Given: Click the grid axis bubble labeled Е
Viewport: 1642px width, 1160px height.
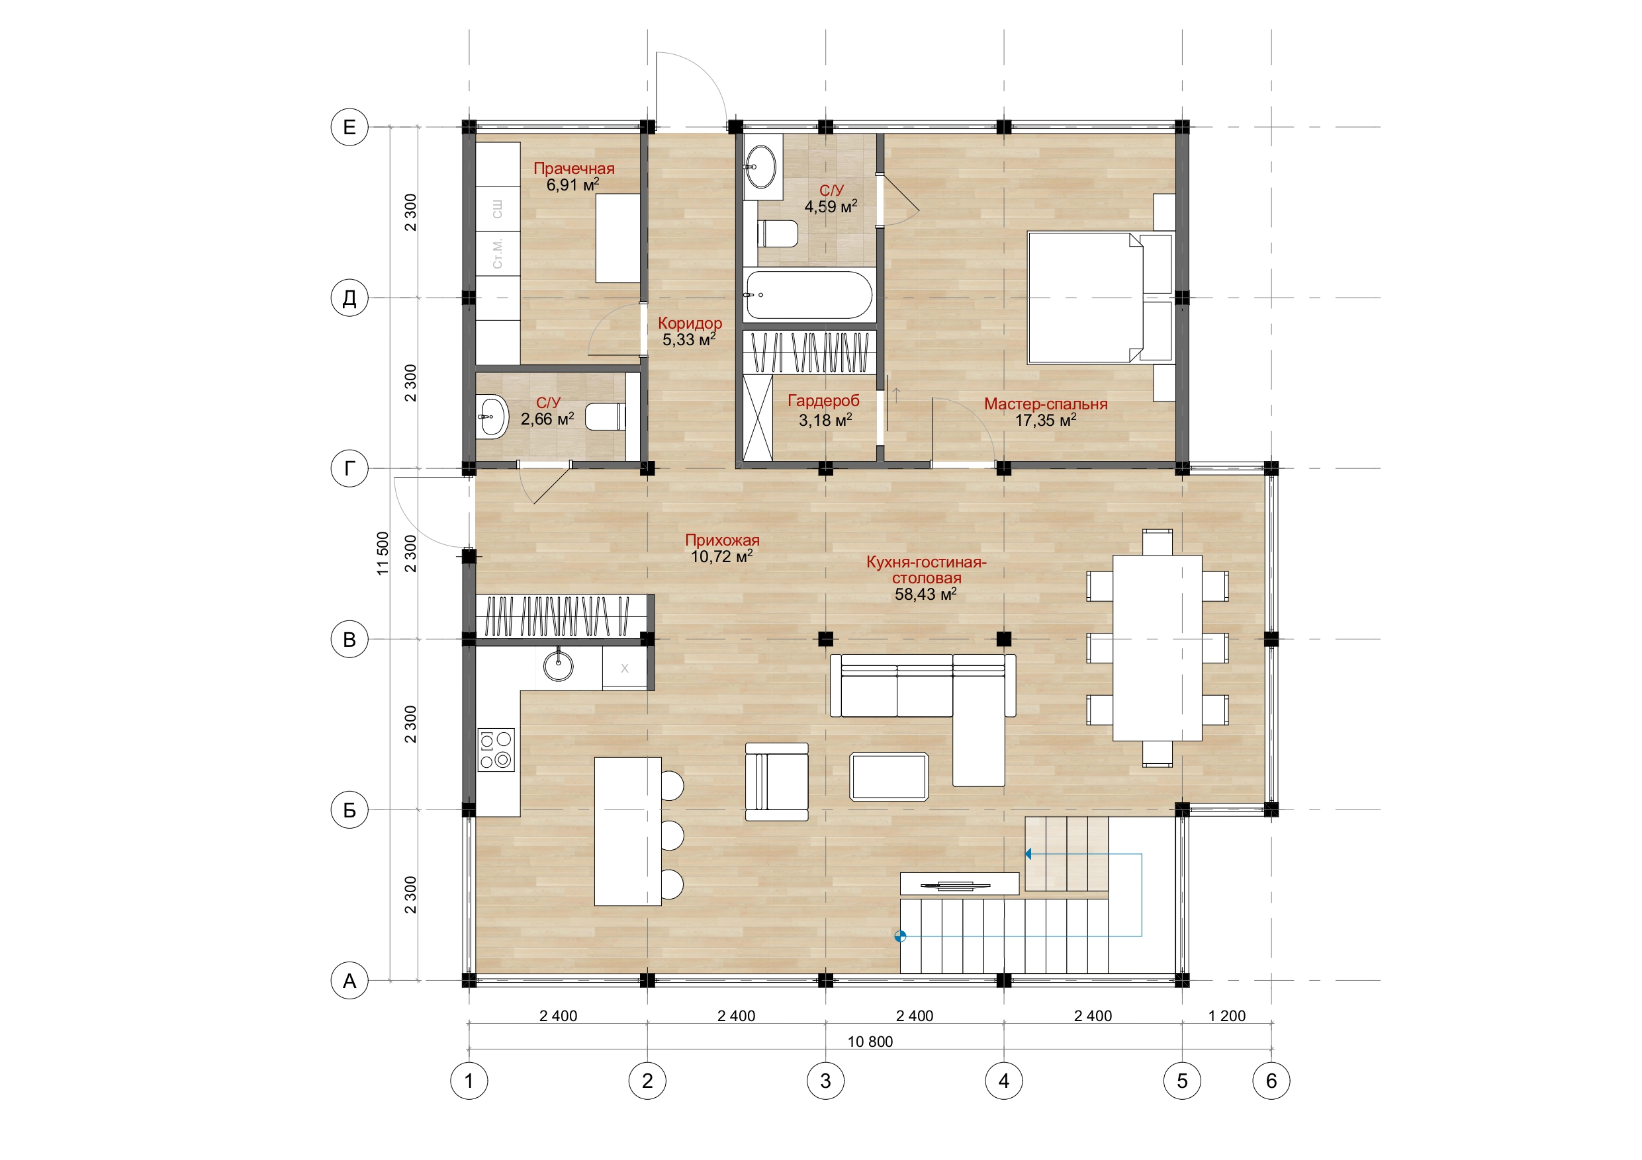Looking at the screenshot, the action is point(349,127).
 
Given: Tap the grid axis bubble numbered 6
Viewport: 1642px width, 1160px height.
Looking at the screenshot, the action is point(1271,1081).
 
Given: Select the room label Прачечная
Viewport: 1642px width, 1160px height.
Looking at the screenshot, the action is point(574,169).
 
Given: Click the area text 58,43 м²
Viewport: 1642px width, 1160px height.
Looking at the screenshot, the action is point(925,594).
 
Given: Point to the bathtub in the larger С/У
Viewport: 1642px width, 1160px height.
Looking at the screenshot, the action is point(808,294).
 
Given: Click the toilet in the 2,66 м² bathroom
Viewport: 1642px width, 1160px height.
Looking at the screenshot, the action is point(605,417).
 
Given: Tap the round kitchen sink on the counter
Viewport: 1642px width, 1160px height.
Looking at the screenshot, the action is point(558,666).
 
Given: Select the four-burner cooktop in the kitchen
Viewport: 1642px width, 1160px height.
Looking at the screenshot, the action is point(496,750).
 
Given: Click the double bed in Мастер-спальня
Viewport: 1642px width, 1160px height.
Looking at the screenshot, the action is point(1100,298).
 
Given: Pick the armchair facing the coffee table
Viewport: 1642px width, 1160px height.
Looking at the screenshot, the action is point(777,781).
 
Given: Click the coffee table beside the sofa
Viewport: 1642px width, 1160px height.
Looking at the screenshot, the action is point(889,776).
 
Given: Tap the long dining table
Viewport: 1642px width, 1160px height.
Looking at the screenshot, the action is point(1157,647).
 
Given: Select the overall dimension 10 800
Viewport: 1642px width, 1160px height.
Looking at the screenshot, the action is point(870,1042).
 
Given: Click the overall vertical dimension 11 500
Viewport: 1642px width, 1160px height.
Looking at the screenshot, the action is point(383,553).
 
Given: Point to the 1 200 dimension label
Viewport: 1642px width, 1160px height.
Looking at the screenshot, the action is point(1226,1016).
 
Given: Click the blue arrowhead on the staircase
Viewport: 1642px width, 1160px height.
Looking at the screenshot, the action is point(1028,854).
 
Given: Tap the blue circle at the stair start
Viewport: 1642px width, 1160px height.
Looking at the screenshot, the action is point(900,936).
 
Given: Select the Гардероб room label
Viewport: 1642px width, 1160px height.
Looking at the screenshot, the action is point(823,401).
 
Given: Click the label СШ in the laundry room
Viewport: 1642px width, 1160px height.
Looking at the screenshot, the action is point(497,209).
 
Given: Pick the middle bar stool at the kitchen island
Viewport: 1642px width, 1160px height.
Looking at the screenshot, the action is point(672,835).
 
